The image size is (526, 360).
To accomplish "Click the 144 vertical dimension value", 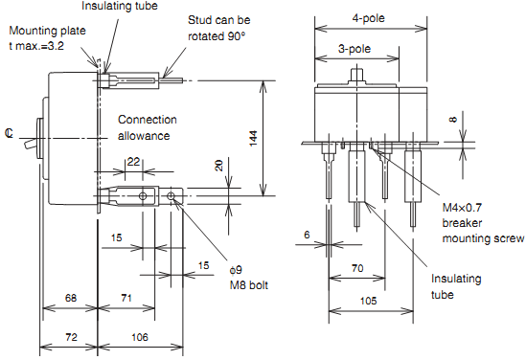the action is click(254, 138).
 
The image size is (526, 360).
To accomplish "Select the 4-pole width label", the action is click(368, 18).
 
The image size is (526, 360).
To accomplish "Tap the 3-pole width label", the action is click(354, 49).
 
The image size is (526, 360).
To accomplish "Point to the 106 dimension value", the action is click(140, 337).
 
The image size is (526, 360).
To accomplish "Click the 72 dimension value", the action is click(72, 337).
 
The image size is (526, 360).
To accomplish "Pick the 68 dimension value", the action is click(71, 298).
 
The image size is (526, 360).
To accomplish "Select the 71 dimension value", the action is click(126, 298).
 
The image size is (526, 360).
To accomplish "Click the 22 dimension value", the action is click(133, 162).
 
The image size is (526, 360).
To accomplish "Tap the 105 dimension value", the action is click(368, 301).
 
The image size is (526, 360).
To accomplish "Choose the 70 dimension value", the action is click(357, 268).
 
